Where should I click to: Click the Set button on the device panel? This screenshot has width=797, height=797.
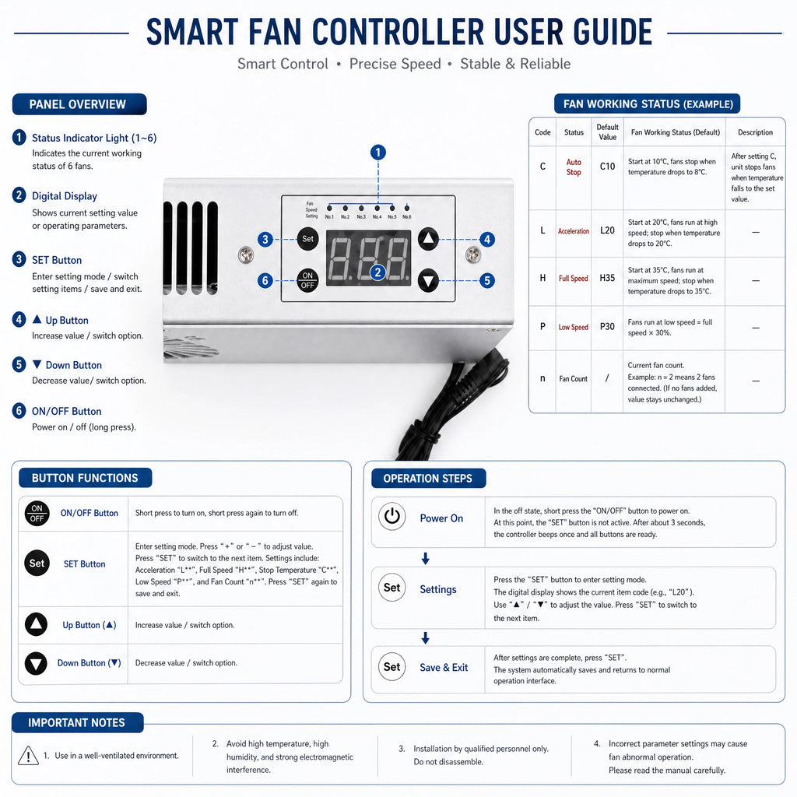pyautogui.click(x=307, y=239)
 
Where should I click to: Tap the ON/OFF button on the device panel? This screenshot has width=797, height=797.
pyautogui.click(x=307, y=280)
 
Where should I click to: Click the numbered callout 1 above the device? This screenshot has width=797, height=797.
pyautogui.click(x=377, y=152)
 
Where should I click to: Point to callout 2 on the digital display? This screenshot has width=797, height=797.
pyautogui.click(x=377, y=272)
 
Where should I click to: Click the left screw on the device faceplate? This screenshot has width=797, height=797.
pyautogui.click(x=246, y=255)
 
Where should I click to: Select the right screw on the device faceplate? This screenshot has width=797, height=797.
pyautogui.click(x=473, y=255)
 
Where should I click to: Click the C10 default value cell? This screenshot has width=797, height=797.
pyautogui.click(x=607, y=167)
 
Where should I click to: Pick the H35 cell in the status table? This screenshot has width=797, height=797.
pyautogui.click(x=607, y=278)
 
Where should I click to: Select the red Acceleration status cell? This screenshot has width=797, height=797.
pyautogui.click(x=574, y=231)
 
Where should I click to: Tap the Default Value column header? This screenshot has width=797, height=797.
pyautogui.click(x=607, y=132)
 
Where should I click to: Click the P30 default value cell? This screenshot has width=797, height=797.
pyautogui.click(x=607, y=326)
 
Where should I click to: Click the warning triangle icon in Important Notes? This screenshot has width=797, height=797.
pyautogui.click(x=29, y=755)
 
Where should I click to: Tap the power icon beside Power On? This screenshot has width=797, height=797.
pyautogui.click(x=392, y=517)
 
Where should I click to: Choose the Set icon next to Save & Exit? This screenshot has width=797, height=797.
pyautogui.click(x=392, y=667)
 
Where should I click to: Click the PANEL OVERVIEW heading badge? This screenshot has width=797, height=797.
pyautogui.click(x=79, y=104)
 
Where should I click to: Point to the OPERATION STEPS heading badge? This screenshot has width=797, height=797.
pyautogui.click(x=429, y=479)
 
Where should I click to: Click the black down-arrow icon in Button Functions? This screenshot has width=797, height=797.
pyautogui.click(x=36, y=663)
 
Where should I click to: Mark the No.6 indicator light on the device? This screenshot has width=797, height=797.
pyautogui.click(x=406, y=208)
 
